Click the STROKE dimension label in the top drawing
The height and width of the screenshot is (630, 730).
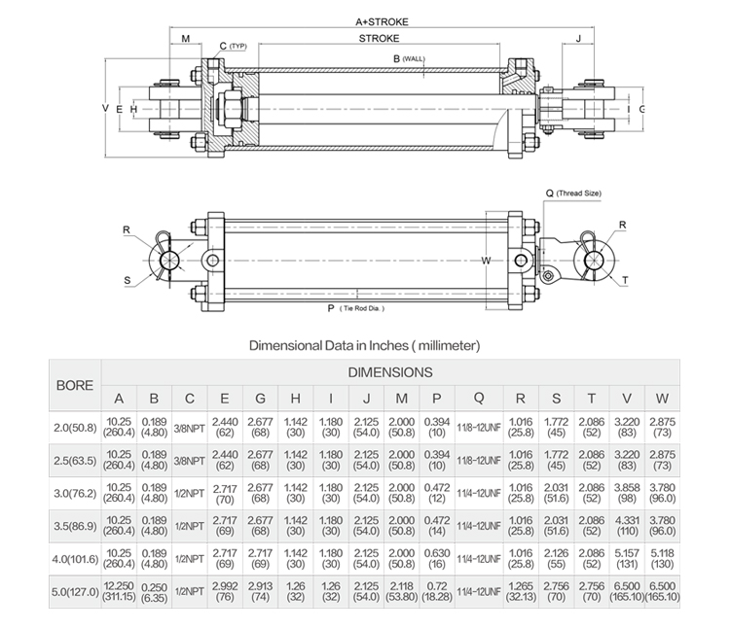[379, 40]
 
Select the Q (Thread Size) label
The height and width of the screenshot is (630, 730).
[572, 193]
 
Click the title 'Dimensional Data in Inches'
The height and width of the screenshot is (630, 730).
[365, 344]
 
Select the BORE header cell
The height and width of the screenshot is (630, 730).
[75, 385]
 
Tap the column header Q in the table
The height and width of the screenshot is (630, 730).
[478, 399]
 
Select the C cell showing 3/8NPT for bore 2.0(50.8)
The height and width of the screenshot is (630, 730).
[190, 426]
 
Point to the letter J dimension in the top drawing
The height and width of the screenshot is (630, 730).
[579, 40]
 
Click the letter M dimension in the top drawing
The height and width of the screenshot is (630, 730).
[186, 40]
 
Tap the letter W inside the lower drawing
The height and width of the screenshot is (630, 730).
[487, 260]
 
